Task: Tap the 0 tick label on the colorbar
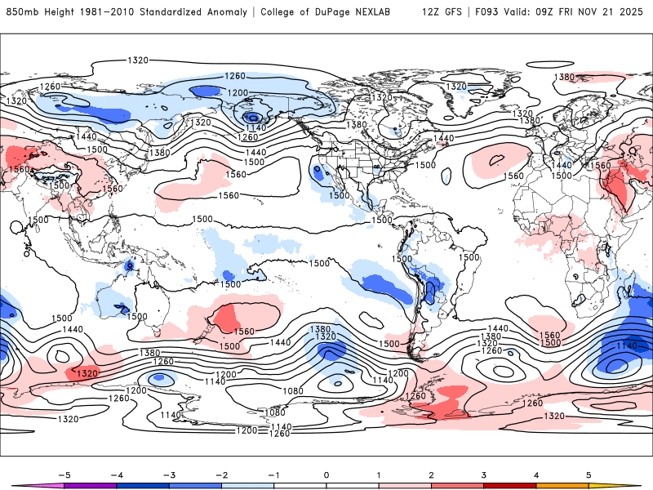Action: coord(326,474)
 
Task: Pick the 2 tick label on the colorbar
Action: coord(431,474)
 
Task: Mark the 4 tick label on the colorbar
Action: coord(536,474)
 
